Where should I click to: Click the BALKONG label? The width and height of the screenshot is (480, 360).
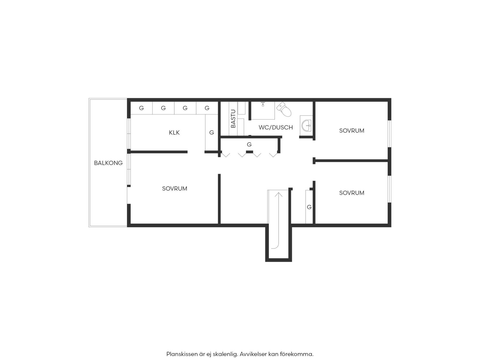(x=108, y=163)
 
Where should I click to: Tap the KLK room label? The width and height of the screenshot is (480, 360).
(x=174, y=133)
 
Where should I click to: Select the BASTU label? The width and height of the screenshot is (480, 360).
(x=233, y=119)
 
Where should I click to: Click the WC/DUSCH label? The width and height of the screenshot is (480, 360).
(x=276, y=127)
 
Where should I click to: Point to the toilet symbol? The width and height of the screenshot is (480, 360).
(x=284, y=110)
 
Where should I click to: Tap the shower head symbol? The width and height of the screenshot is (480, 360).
(x=263, y=104)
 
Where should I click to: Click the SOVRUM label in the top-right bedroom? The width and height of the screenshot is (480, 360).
(x=352, y=131)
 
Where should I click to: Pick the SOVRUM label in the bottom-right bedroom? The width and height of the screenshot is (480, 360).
(x=352, y=193)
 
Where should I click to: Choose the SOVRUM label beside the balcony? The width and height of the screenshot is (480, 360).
(x=175, y=189)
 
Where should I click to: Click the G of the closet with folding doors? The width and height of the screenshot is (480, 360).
(x=249, y=145)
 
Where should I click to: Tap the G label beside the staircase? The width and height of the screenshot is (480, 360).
(x=309, y=207)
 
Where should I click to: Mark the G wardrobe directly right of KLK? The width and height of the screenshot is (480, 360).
(x=212, y=133)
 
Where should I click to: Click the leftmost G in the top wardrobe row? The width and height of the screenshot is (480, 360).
(x=142, y=108)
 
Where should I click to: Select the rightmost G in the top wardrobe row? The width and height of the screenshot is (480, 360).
(x=207, y=108)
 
